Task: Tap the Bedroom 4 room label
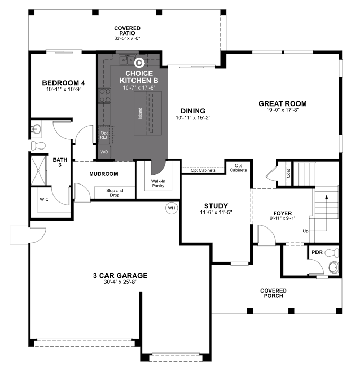click(x=63, y=83)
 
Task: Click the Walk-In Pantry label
click(x=159, y=183)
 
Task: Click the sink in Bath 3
click(x=37, y=129)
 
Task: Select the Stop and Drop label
click(x=114, y=192)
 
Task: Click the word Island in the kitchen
click(x=141, y=112)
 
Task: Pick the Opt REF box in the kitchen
click(x=104, y=135)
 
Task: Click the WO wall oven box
click(x=104, y=152)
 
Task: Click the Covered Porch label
click(x=274, y=293)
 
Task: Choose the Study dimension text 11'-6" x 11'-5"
click(x=216, y=213)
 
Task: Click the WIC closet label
click(x=43, y=200)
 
